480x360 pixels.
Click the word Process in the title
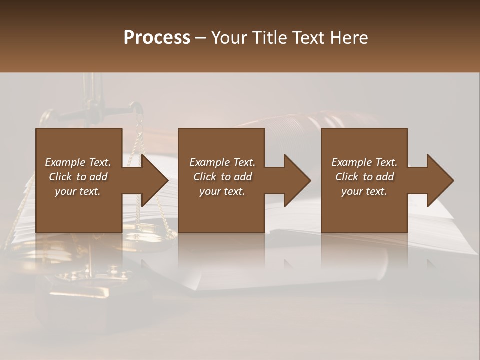(x=157, y=38)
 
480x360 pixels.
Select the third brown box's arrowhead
(x=440, y=180)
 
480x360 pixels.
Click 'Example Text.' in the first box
(x=78, y=162)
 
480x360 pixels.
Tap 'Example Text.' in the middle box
(x=222, y=162)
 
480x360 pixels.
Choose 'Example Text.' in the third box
(x=364, y=162)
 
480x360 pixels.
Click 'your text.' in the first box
(x=78, y=191)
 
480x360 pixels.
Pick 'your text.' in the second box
(x=222, y=191)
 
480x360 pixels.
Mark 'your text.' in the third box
(x=364, y=191)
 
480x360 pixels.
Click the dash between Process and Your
(x=200, y=38)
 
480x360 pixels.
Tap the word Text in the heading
(x=307, y=38)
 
